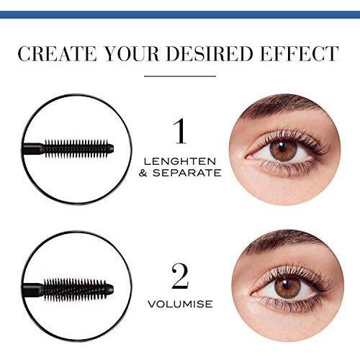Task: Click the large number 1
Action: [x=180, y=131]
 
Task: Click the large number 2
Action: [x=180, y=276]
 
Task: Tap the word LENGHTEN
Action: [x=180, y=161]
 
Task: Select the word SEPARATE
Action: [x=186, y=173]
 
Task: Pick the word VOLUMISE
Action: [x=180, y=304]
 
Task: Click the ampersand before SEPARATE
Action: [x=143, y=173]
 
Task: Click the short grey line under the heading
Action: [x=180, y=76]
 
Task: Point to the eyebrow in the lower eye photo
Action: [x=286, y=243]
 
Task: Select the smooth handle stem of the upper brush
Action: [x=32, y=148]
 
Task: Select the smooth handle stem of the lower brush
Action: [x=32, y=289]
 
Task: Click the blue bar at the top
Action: [x=180, y=14]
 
